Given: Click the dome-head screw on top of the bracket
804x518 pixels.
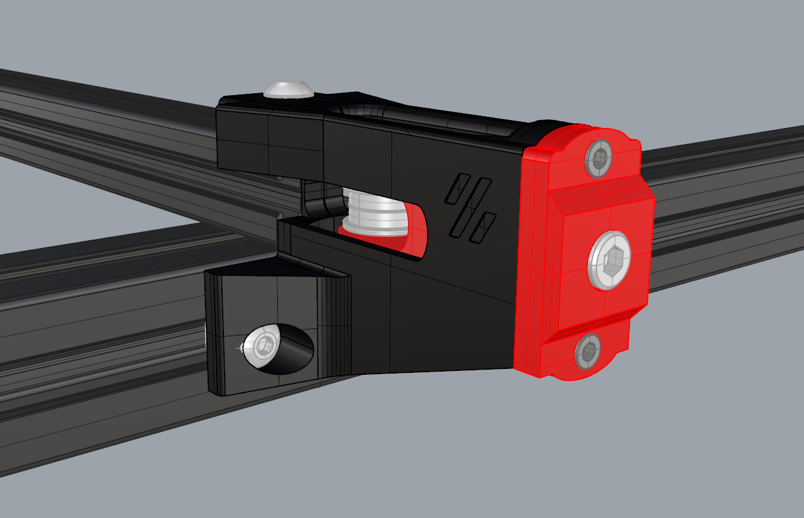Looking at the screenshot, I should click(x=288, y=89).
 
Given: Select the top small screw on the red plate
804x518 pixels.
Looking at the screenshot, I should click(x=598, y=158).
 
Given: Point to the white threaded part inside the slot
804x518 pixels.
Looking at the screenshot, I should click(x=374, y=212).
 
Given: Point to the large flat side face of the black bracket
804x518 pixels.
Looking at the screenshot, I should click(x=447, y=302).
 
